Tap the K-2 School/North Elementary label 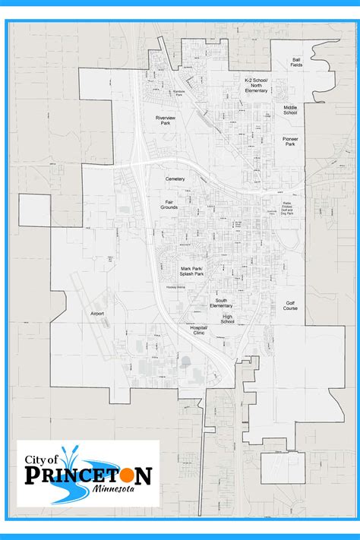point(257,85)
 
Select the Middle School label point(291,110)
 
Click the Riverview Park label point(166,122)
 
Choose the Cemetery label point(175,178)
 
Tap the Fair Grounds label point(169,204)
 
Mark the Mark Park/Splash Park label point(191,270)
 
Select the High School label point(228,319)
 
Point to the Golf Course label point(291,306)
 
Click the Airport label point(96,313)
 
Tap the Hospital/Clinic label point(199,330)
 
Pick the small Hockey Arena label point(175,289)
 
